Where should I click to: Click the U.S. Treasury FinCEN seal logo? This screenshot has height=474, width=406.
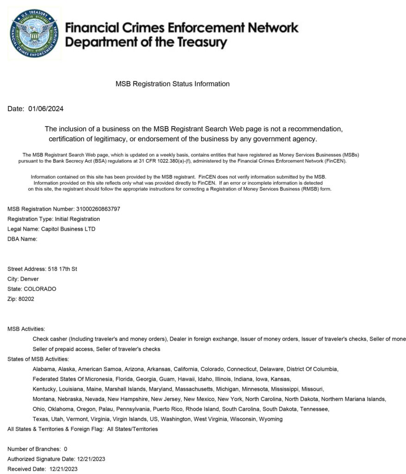click(x=34, y=33)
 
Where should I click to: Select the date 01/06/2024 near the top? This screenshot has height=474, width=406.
click(x=46, y=109)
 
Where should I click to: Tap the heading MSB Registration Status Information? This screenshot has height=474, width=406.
click(x=172, y=84)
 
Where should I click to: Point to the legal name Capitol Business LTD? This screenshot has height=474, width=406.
click(x=68, y=229)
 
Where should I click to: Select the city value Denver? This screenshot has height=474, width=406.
click(x=30, y=279)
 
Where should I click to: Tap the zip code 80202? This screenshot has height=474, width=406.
click(x=26, y=299)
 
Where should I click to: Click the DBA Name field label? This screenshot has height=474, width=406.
click(x=22, y=239)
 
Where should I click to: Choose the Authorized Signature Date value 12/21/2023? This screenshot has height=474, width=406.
click(x=91, y=459)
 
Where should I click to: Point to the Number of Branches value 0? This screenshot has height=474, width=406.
click(x=66, y=449)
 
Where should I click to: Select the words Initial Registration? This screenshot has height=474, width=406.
click(x=77, y=219)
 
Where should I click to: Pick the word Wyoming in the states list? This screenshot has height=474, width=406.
click(x=271, y=419)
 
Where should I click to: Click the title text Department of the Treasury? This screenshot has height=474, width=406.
click(x=146, y=43)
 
